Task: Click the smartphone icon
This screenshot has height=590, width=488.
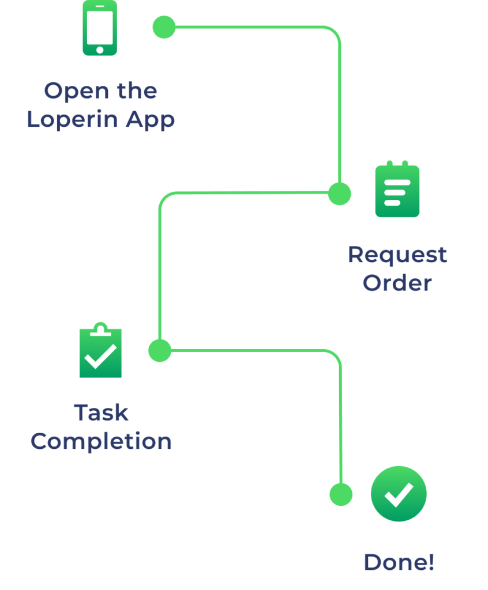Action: pos(100,28)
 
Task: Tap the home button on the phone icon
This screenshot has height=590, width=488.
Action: pos(100,50)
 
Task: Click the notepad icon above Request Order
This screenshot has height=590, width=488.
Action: pos(397,190)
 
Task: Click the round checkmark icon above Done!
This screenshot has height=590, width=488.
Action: pos(399,494)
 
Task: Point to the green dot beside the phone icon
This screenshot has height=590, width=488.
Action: pos(164,27)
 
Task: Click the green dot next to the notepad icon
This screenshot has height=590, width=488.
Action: pos(339,194)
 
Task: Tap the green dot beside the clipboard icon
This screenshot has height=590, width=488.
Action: pos(160,350)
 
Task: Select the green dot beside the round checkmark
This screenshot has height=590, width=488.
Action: pos(341,494)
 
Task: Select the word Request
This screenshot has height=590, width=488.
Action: pos(397,255)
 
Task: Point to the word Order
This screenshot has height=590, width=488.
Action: pos(397,283)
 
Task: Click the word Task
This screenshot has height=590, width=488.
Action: pos(101,413)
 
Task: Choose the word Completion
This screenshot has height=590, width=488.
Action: pos(101,442)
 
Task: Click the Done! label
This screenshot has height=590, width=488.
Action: pos(399,562)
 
